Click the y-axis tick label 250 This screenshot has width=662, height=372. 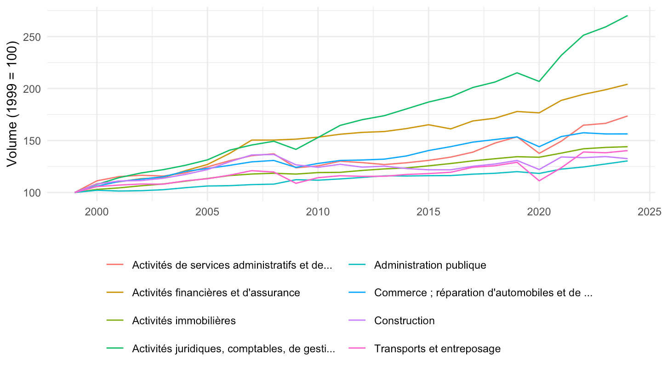click(x=32, y=37)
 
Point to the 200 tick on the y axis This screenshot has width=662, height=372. click(x=32, y=89)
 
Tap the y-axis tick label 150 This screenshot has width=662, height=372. click(x=32, y=141)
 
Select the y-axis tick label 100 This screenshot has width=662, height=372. click(x=32, y=193)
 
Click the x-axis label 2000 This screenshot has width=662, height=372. click(x=97, y=212)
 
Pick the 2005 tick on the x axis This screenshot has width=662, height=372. click(x=207, y=212)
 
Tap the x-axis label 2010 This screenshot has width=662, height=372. click(x=318, y=212)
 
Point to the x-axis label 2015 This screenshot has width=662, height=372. click(x=428, y=212)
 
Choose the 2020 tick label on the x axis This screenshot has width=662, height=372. click(x=539, y=212)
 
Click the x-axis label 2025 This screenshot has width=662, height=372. click(x=649, y=212)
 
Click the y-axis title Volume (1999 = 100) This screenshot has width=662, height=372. click(x=12, y=104)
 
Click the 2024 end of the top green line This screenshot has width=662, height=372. click(x=627, y=16)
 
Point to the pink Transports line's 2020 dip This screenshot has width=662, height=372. click(x=539, y=180)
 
